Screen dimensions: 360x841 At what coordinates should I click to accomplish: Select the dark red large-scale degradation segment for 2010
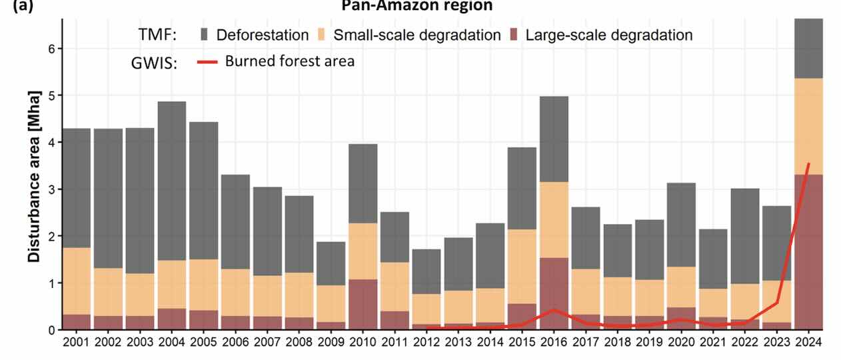(363, 305)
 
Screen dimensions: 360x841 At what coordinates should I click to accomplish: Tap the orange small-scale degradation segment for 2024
(808, 127)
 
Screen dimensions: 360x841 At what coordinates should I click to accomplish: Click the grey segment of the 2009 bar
(331, 263)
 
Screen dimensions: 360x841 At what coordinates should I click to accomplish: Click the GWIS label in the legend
(153, 63)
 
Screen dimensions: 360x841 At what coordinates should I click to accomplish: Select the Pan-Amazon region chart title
(417, 6)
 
